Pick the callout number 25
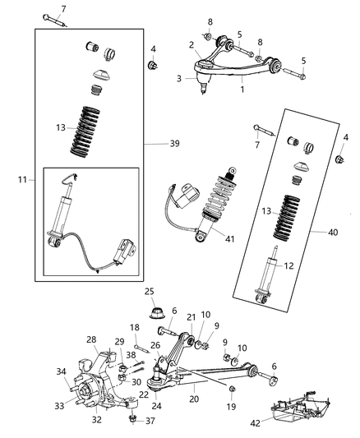tap(149, 292)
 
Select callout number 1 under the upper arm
tap(242, 88)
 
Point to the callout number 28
tap(92, 339)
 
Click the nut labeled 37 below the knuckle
tap(131, 420)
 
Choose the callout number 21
tap(191, 317)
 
